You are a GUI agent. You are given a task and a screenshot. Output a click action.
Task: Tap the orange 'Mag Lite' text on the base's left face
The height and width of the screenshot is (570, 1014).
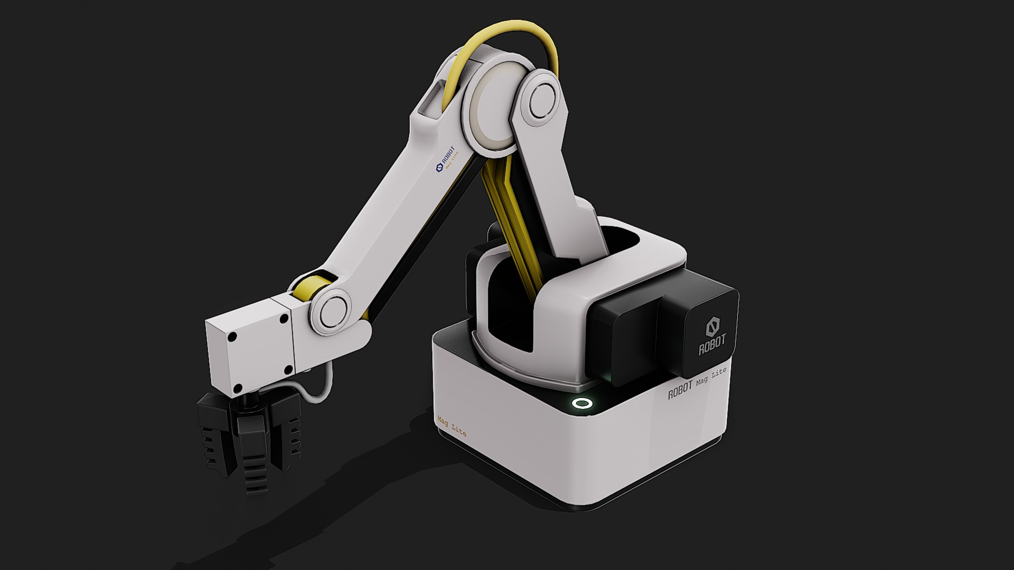click(452, 426)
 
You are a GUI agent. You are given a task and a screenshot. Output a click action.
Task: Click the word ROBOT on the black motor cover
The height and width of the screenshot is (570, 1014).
click(712, 346)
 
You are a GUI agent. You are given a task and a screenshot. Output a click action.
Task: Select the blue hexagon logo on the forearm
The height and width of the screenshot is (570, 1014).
click(438, 168)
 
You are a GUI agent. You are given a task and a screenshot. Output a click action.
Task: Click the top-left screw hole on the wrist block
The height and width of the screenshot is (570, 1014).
click(231, 337)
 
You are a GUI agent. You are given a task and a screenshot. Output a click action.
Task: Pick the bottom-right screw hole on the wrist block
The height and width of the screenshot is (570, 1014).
click(288, 369)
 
